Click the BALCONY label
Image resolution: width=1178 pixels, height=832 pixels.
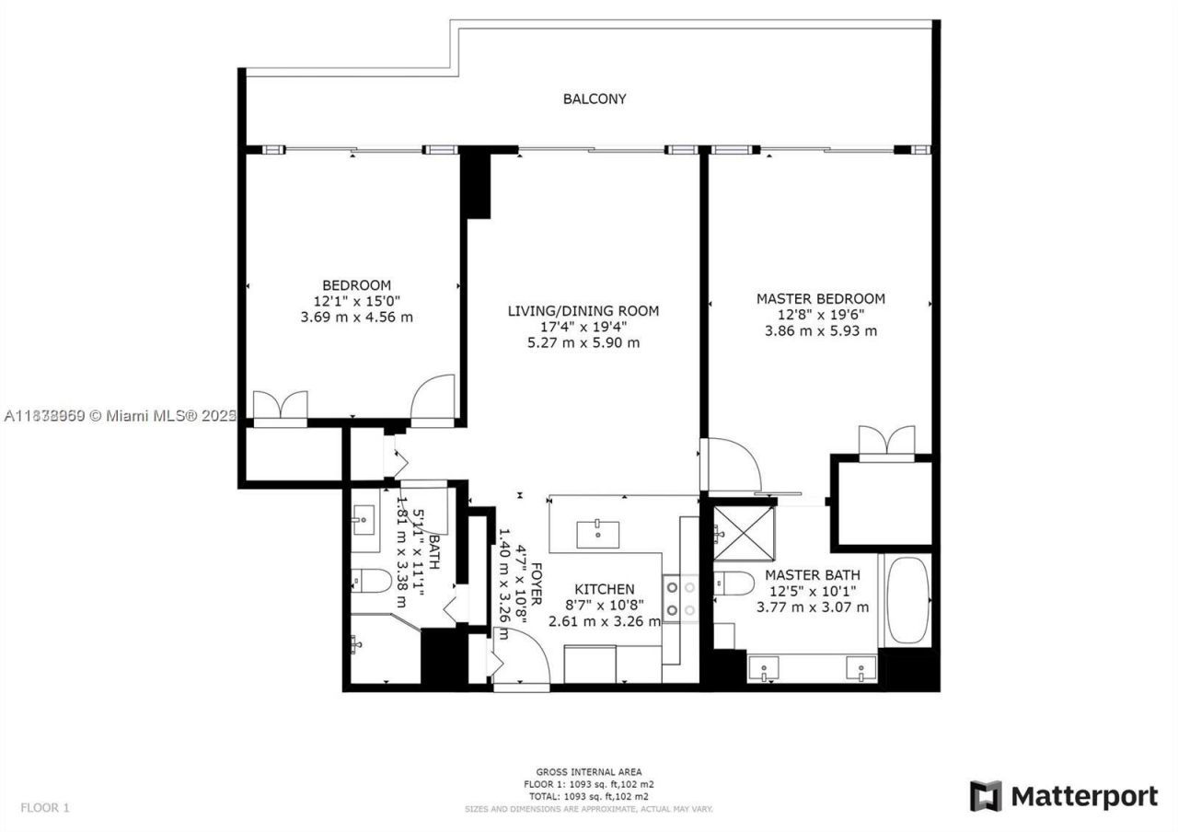pos(595,98)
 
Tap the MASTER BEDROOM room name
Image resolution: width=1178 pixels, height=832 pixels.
pos(820,298)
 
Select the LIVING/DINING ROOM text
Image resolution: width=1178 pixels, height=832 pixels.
pos(583,311)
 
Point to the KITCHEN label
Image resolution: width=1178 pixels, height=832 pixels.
pos(604,589)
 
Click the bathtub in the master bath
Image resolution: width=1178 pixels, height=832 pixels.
pos(908,600)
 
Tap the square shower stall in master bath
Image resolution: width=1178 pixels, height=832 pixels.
pos(744,533)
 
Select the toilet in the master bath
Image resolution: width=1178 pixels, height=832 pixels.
pos(734,583)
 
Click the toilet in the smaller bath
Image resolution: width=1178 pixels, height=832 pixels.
pos(372,581)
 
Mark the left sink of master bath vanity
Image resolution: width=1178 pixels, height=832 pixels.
pos(765,667)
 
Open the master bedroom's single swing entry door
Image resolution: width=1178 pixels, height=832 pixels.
pos(732,465)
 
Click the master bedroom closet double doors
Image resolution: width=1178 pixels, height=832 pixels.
pos(886,441)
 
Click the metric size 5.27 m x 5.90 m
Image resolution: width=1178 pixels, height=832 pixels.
pos(583,342)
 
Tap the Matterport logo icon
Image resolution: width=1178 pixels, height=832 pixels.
pos(986,796)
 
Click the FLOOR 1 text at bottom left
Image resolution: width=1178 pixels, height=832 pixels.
pos(45,808)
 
